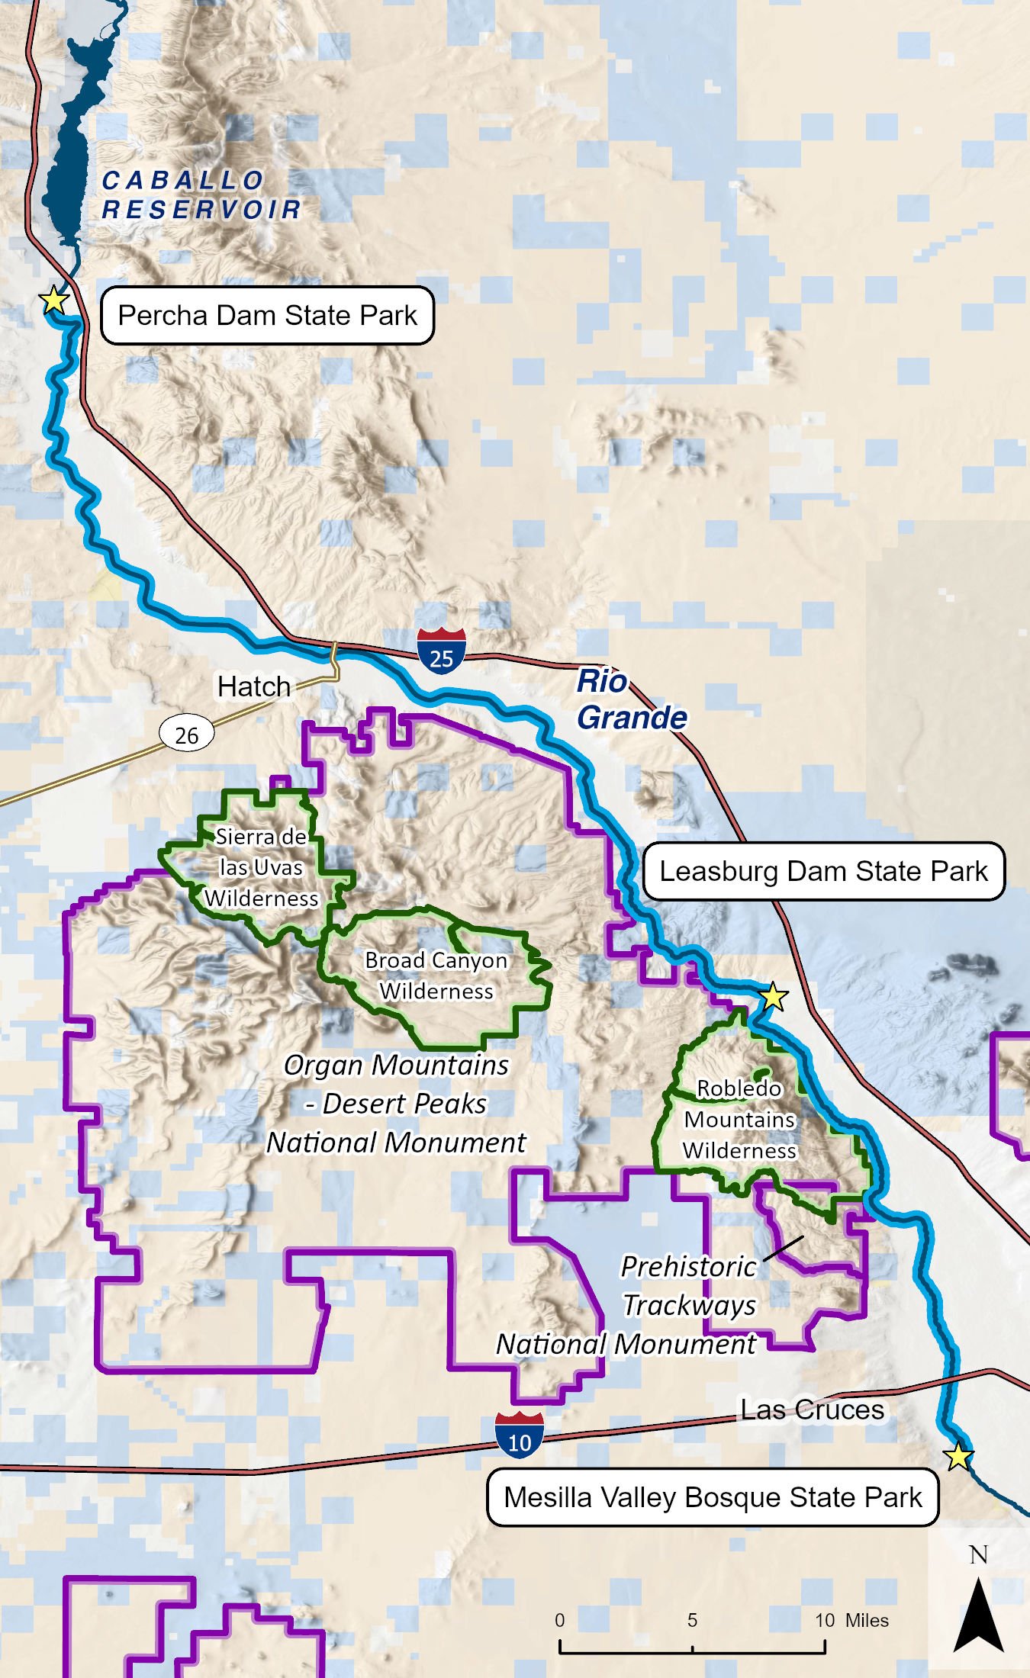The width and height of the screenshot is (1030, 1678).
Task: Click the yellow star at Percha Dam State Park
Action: pos(54,300)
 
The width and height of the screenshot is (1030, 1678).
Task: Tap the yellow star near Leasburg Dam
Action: pos(773,996)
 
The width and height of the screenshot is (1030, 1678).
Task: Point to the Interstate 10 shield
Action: pos(520,1435)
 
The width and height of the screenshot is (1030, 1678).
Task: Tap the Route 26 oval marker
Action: pos(186,735)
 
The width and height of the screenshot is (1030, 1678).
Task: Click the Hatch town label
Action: pos(253,686)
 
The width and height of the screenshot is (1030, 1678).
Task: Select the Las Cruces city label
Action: pos(812,1410)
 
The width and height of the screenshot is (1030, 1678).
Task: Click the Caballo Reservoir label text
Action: pos(201,195)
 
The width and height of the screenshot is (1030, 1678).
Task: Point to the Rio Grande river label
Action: pos(630,699)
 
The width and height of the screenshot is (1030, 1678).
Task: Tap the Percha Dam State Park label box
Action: pos(267,316)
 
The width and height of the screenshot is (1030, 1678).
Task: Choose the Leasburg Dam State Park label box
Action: pos(823,871)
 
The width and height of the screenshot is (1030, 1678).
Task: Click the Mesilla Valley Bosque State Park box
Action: pos(713,1497)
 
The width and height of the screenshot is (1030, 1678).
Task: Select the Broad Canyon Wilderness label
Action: pos(436,976)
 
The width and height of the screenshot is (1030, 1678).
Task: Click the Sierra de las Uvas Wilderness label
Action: pos(261,867)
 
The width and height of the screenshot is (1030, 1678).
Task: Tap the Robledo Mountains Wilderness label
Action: pos(739,1119)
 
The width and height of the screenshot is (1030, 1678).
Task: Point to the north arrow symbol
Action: pos(979,1612)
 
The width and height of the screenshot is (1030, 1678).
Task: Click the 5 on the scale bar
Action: pos(692,1620)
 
